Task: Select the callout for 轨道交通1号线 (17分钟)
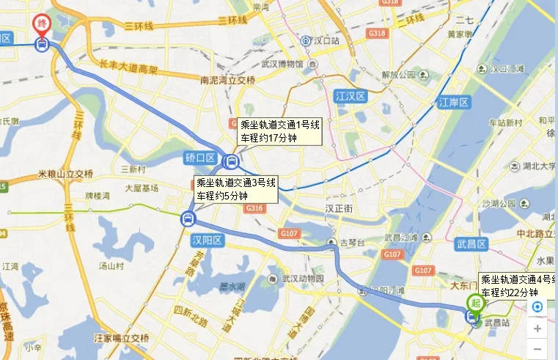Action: click(x=278, y=131)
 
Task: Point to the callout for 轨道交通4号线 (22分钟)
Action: click(x=518, y=285)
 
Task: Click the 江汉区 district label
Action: click(x=350, y=96)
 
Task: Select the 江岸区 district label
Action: click(x=453, y=102)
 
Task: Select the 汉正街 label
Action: click(x=339, y=208)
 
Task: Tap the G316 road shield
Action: click(x=254, y=209)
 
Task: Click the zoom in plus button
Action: click(x=537, y=328)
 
